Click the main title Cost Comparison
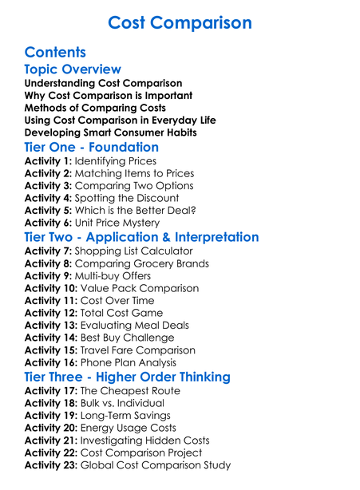[x=180, y=22]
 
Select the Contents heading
[x=55, y=53]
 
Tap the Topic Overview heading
[x=73, y=69]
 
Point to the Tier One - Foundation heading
[x=92, y=147]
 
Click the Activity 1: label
[x=48, y=161]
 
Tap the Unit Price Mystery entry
[x=120, y=223]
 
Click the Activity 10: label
[x=51, y=288]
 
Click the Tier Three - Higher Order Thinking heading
[x=127, y=377]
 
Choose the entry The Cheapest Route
[x=130, y=391]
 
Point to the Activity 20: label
[x=51, y=428]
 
